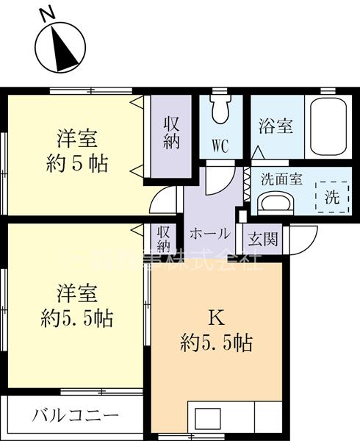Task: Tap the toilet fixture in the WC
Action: pos(219,110)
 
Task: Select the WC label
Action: pos(220,145)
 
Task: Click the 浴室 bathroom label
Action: pos(276,126)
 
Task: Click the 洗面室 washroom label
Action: pos(281,179)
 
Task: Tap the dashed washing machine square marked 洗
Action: pos(331,196)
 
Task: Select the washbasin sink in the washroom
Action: pos(278,203)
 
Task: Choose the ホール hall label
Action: pos(210,234)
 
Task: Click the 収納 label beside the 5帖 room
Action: pos(172,132)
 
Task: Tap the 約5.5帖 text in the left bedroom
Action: pos(76,318)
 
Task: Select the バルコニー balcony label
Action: pos(75,416)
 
